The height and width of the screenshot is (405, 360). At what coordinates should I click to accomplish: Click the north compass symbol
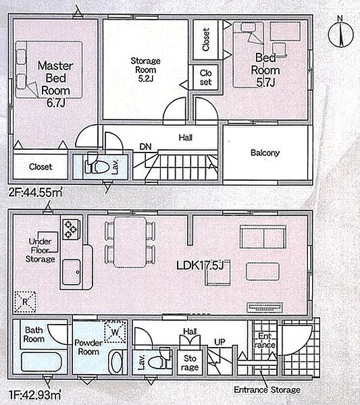pyautogui.click(x=341, y=34)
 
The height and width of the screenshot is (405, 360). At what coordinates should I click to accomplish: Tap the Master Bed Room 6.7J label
pyautogui.click(x=55, y=84)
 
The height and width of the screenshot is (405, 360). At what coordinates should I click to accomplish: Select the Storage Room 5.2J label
pyautogui.click(x=145, y=70)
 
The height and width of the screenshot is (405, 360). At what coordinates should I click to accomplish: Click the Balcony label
pyautogui.click(x=265, y=153)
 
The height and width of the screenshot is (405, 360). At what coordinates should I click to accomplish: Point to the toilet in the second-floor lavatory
pyautogui.click(x=97, y=164)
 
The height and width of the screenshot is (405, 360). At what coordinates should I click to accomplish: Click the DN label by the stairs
pyautogui.click(x=145, y=146)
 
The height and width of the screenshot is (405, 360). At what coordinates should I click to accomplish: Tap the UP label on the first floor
pyautogui.click(x=220, y=342)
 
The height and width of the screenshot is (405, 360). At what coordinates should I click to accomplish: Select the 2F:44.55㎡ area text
pyautogui.click(x=35, y=192)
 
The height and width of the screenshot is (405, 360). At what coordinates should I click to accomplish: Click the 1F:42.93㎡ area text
pyautogui.click(x=35, y=394)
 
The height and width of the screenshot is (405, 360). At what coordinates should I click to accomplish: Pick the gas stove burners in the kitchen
pyautogui.click(x=71, y=230)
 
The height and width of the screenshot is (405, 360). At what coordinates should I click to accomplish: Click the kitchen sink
pyautogui.click(x=71, y=272)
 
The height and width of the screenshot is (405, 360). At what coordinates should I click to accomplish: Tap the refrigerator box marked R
pyautogui.click(x=25, y=302)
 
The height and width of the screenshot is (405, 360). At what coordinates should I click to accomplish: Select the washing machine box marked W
pyautogui.click(x=115, y=331)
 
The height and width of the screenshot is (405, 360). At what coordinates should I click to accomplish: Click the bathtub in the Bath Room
pyautogui.click(x=41, y=362)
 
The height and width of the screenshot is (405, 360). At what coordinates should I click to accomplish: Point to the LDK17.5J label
pyautogui.click(x=200, y=265)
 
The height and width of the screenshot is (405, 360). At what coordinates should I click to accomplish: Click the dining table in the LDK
pyautogui.click(x=130, y=242)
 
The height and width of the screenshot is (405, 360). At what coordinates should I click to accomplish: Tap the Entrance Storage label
pyautogui.click(x=267, y=389)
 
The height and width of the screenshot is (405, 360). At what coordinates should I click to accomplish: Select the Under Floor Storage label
pyautogui.click(x=41, y=250)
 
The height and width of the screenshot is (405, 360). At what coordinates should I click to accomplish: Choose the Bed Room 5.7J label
pyautogui.click(x=265, y=70)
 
